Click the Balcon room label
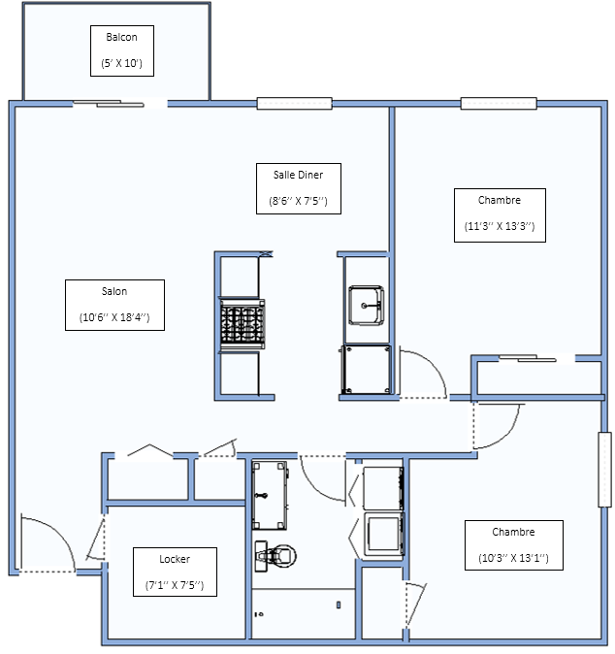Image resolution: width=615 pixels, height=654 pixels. pyautogui.click(x=122, y=37)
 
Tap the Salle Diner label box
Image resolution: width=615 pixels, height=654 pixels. pyautogui.click(x=299, y=188)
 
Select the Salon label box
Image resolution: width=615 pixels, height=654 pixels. pyautogui.click(x=114, y=305)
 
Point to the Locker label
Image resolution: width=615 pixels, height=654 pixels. pyautogui.click(x=175, y=559)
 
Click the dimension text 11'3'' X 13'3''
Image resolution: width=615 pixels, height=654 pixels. pyautogui.click(x=500, y=226)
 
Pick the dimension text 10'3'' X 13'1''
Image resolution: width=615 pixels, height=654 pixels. pyautogui.click(x=514, y=558)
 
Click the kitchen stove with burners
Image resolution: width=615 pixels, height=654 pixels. pyautogui.click(x=243, y=324)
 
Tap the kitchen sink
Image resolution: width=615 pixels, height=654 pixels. pyautogui.click(x=366, y=306)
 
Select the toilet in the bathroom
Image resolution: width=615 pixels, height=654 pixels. pyautogui.click(x=275, y=556)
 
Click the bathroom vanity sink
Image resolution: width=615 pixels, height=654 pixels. pyautogui.click(x=270, y=495)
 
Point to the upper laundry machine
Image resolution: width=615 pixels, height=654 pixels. pyautogui.click(x=383, y=488)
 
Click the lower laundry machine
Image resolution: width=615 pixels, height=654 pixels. pyautogui.click(x=383, y=535)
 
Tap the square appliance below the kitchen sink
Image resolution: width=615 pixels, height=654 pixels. pyautogui.click(x=366, y=370)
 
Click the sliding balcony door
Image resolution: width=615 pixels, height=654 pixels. pyautogui.click(x=109, y=104)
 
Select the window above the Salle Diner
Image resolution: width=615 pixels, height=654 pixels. pyautogui.click(x=294, y=104)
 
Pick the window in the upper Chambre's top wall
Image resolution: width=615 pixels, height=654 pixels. pyautogui.click(x=499, y=104)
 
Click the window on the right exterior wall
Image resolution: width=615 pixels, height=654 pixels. pyautogui.click(x=605, y=470)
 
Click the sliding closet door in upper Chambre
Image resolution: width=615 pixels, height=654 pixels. pyautogui.click(x=528, y=358)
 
